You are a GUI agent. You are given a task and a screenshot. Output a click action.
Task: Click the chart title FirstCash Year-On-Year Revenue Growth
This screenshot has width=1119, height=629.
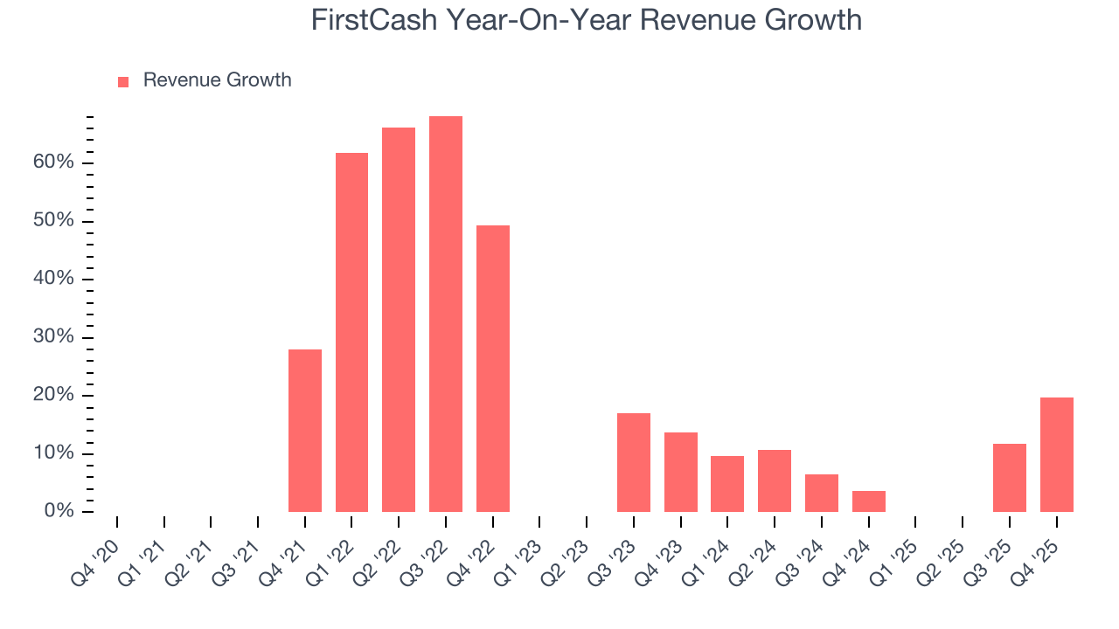tap(586, 20)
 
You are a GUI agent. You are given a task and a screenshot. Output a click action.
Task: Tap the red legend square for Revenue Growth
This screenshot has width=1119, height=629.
tap(123, 81)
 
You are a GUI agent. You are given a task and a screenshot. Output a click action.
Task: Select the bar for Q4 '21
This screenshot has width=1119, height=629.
tap(305, 431)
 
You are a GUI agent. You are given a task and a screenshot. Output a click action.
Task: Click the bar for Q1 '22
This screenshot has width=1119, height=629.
tap(351, 332)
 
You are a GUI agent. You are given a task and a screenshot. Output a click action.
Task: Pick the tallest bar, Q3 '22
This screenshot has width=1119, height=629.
tap(446, 314)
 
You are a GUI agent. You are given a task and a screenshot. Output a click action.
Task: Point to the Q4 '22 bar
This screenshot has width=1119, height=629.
tap(493, 369)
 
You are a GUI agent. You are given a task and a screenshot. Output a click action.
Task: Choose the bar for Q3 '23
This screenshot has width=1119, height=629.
tap(634, 462)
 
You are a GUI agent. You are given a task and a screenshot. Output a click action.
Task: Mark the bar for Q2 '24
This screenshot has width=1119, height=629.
tap(775, 480)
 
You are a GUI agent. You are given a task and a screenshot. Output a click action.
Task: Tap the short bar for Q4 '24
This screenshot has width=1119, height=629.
tap(869, 501)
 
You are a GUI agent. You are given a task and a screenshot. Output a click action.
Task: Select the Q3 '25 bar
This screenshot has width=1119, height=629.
tap(1010, 478)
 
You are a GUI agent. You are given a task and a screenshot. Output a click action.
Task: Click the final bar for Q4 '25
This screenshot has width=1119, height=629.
tap(1057, 454)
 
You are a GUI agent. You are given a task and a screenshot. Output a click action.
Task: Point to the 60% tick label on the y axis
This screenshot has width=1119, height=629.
tap(54, 163)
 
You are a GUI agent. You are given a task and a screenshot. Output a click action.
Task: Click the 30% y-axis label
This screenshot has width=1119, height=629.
tap(54, 338)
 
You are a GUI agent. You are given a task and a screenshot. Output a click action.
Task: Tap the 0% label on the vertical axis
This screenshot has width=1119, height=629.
tap(59, 512)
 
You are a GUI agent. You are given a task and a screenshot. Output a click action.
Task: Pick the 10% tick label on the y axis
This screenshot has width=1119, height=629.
tap(54, 454)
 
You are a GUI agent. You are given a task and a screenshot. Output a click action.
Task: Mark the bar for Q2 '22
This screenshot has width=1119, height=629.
tap(399, 320)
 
